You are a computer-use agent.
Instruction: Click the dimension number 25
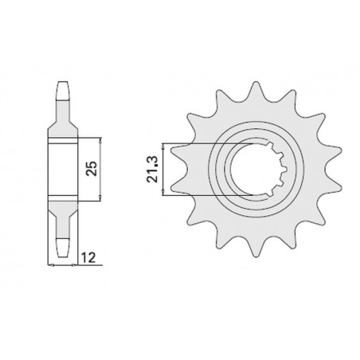(92, 169)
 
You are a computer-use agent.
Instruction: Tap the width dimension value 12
(92, 259)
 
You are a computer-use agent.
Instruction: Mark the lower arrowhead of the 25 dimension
(101, 198)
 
